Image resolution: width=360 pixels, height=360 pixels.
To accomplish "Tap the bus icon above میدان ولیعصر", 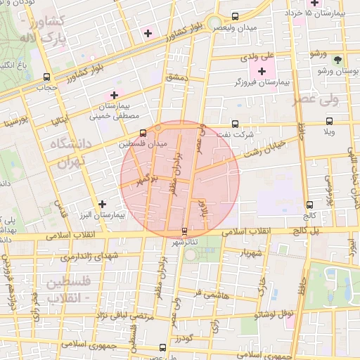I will (235, 15).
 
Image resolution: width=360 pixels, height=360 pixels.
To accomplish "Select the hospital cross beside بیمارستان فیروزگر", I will (263, 71).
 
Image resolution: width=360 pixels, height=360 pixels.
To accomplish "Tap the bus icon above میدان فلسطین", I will (143, 132).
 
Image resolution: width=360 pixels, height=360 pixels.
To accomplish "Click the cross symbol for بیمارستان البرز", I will (103, 203).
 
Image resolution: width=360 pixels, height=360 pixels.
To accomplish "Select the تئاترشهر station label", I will (185, 242).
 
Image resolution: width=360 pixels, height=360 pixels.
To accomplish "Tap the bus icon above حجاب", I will (46, 77).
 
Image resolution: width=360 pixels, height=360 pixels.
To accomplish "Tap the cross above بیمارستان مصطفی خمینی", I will (114, 94).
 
